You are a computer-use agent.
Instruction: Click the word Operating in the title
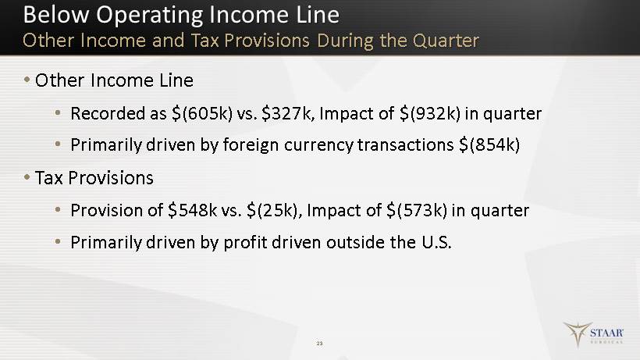pyautogui.click(x=149, y=16)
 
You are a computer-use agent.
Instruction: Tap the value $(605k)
pyautogui.click(x=202, y=113)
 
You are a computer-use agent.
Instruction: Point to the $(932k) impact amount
pyautogui.click(x=430, y=113)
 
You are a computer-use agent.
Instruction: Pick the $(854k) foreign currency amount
pyautogui.click(x=489, y=145)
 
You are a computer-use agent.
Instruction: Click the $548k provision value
pyautogui.click(x=193, y=210)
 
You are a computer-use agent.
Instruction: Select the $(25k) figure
pyautogui.click(x=274, y=211)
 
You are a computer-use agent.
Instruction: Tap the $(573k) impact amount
pyautogui.click(x=417, y=211)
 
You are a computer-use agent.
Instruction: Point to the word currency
pyautogui.click(x=318, y=145)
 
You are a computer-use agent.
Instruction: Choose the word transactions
pyautogui.click(x=405, y=145)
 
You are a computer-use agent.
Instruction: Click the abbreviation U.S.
pyautogui.click(x=436, y=242)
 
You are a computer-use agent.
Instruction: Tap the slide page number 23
pyautogui.click(x=319, y=344)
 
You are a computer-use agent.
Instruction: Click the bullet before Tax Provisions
pyautogui.click(x=27, y=177)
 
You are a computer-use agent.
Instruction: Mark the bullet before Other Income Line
pyautogui.click(x=27, y=79)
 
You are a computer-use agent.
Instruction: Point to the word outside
pyautogui.click(x=355, y=242)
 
